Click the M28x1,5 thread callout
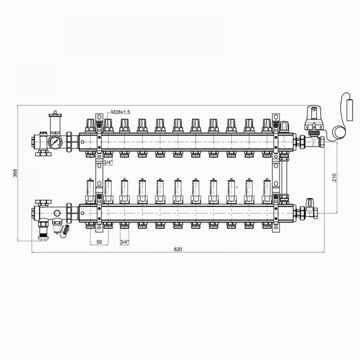coord(121,112)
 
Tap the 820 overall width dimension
coord(178,249)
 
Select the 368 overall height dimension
coord(15,173)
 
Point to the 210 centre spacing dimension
coord(334,177)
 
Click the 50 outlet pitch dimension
coord(99,242)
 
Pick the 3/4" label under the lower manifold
coord(125,242)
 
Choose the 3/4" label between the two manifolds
coord(108,162)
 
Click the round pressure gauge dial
coord(55,141)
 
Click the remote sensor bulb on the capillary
coord(350,109)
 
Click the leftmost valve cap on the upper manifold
coord(90,125)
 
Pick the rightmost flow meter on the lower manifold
coord(267,191)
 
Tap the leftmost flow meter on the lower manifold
coord(90,191)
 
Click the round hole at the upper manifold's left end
coord(82,142)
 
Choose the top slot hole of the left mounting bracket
coord(99,117)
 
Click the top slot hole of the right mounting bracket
coord(276,117)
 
